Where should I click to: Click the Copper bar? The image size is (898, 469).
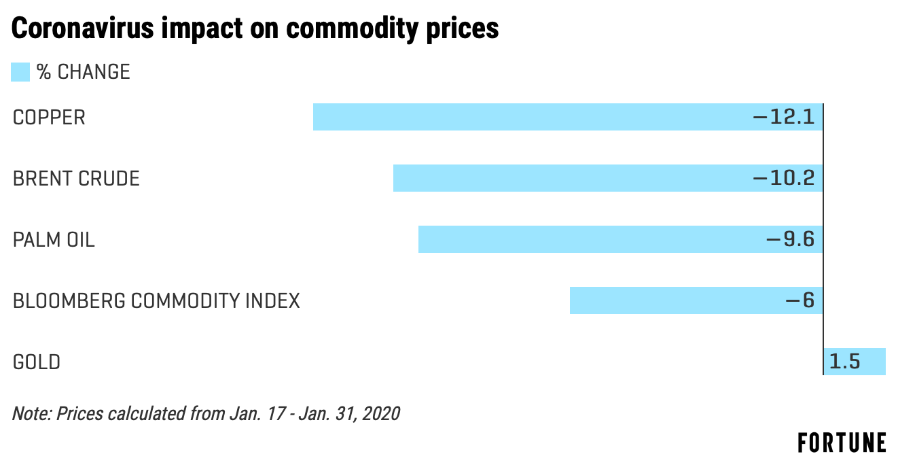(568, 117)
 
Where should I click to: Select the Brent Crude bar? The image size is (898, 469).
(608, 177)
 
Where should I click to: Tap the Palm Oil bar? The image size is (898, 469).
(621, 239)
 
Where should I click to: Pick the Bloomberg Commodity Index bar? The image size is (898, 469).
(696, 300)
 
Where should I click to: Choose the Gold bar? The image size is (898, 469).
(855, 362)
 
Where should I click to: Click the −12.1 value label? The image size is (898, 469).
(784, 117)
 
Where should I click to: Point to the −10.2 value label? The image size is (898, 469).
(784, 177)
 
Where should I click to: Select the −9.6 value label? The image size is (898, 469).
(791, 239)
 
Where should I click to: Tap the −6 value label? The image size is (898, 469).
(800, 300)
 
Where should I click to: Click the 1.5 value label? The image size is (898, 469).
(845, 362)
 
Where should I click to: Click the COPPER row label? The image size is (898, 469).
(49, 118)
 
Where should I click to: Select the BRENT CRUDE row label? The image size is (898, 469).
(76, 179)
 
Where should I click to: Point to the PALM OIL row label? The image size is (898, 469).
(54, 240)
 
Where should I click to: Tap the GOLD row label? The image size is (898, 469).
(37, 362)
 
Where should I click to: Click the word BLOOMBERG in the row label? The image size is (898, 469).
(69, 301)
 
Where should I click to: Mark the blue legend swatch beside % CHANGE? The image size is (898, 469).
(20, 72)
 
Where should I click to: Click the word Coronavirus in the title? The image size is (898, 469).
(83, 28)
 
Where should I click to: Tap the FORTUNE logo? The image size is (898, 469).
(842, 443)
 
